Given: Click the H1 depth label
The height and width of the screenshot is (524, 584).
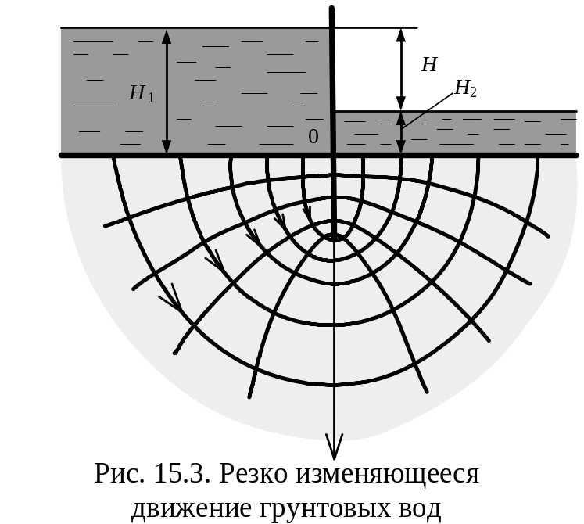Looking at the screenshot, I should (142, 94).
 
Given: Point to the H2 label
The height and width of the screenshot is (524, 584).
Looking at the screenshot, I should (465, 89).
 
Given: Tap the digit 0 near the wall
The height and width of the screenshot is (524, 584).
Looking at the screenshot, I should (313, 137).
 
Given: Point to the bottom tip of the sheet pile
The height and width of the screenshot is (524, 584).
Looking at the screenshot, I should (334, 235).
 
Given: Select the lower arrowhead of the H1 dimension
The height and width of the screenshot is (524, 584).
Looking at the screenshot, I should (166, 146).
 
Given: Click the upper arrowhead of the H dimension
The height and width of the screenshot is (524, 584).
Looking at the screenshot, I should (401, 36).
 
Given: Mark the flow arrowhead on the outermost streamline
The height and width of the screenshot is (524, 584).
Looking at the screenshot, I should (173, 299).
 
